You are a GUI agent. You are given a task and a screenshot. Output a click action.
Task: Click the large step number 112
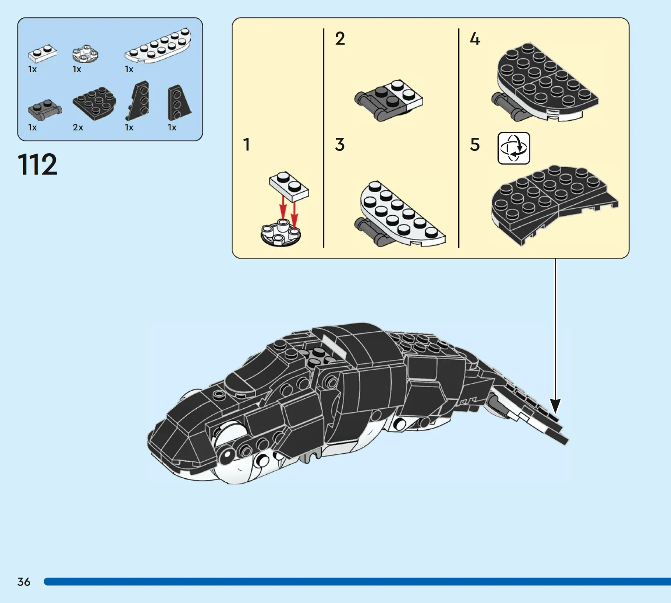[37, 165]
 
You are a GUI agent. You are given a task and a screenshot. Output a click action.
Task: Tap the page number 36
[24, 582]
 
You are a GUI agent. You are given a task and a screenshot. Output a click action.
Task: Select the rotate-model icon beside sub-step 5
[514, 148]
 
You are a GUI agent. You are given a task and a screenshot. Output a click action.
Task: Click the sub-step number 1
[247, 144]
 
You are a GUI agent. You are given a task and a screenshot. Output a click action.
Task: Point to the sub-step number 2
[340, 39]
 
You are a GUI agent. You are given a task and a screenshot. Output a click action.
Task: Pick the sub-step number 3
[340, 144]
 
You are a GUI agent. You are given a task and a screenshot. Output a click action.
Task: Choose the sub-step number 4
[475, 39]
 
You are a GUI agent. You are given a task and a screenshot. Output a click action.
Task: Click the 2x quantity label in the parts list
[78, 127]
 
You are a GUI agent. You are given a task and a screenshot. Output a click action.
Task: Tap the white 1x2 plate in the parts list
[42, 53]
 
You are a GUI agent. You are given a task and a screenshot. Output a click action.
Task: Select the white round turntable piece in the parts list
[85, 53]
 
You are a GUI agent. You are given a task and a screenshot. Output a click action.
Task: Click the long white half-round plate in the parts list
[158, 46]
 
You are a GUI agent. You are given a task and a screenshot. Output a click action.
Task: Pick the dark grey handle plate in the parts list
[45, 110]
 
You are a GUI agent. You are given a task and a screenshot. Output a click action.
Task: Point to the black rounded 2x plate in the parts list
[94, 103]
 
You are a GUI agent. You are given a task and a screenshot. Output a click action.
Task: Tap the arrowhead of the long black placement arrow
[556, 407]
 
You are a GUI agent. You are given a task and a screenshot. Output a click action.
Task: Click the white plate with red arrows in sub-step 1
[289, 186]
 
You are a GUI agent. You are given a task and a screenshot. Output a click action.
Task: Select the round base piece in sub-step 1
[281, 233]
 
